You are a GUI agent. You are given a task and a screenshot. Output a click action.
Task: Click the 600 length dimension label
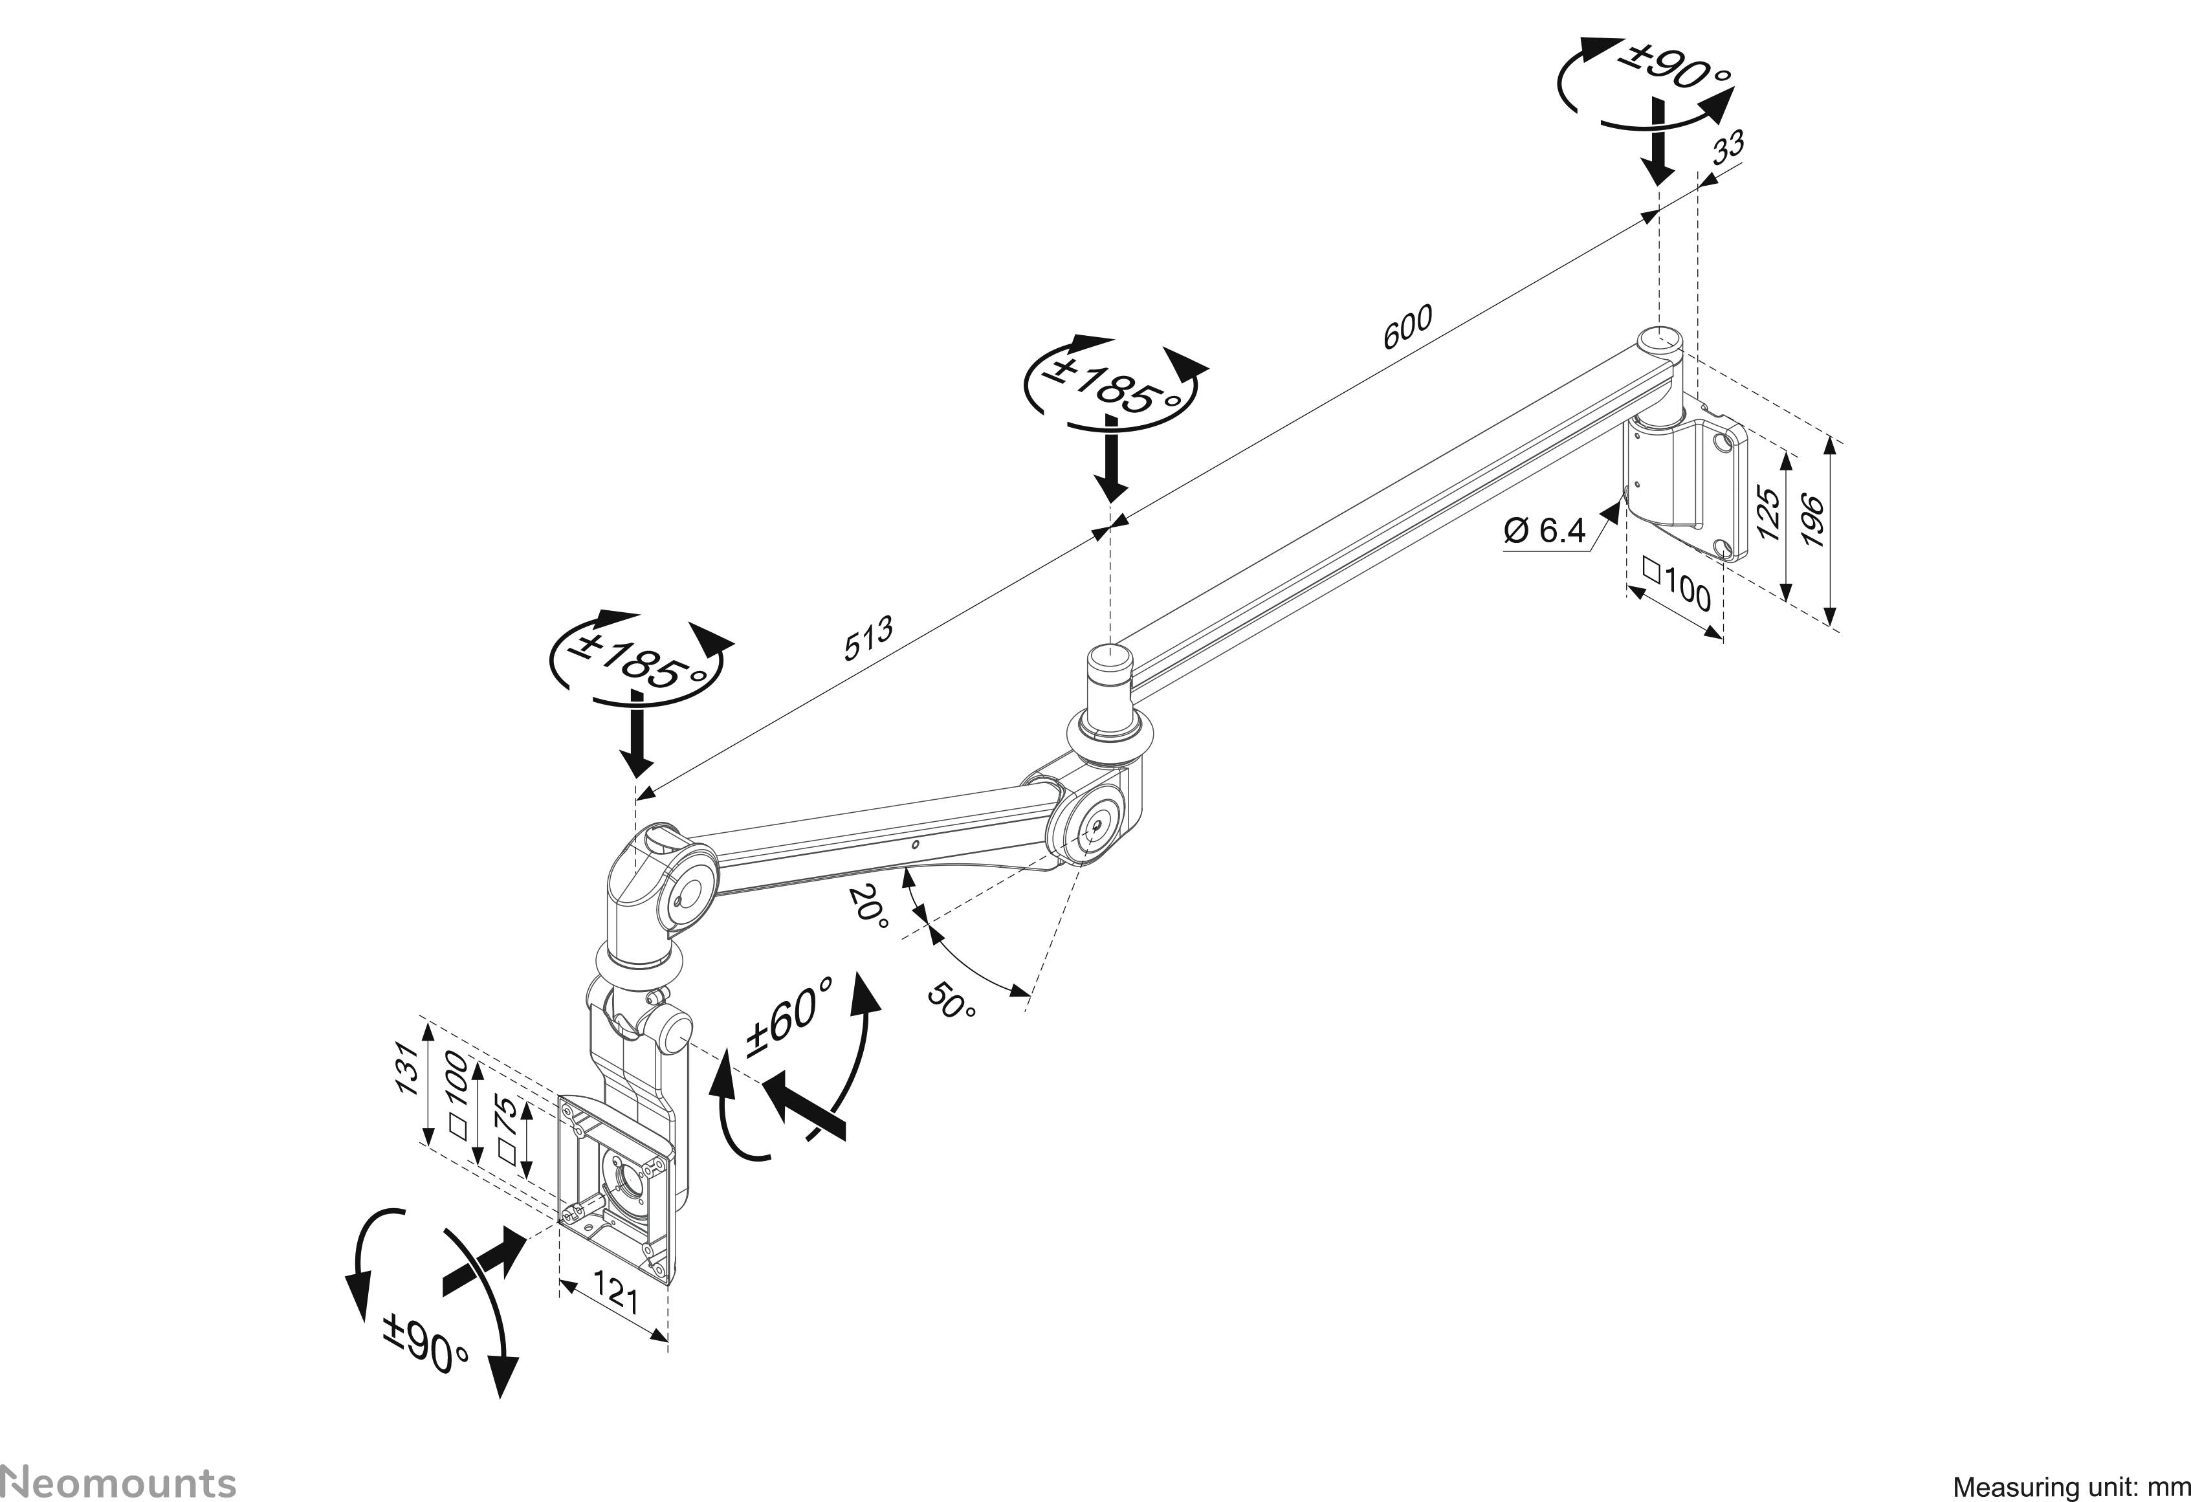pyautogui.click(x=1407, y=326)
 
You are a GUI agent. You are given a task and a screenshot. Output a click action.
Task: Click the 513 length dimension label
pyautogui.click(x=867, y=637)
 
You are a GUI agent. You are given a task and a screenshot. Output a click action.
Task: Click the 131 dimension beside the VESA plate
pyautogui.click(x=405, y=1068)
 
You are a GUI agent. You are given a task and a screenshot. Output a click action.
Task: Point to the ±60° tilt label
pyautogui.click(x=790, y=1017)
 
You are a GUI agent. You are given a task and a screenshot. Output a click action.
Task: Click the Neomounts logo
pyautogui.click(x=118, y=1479)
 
